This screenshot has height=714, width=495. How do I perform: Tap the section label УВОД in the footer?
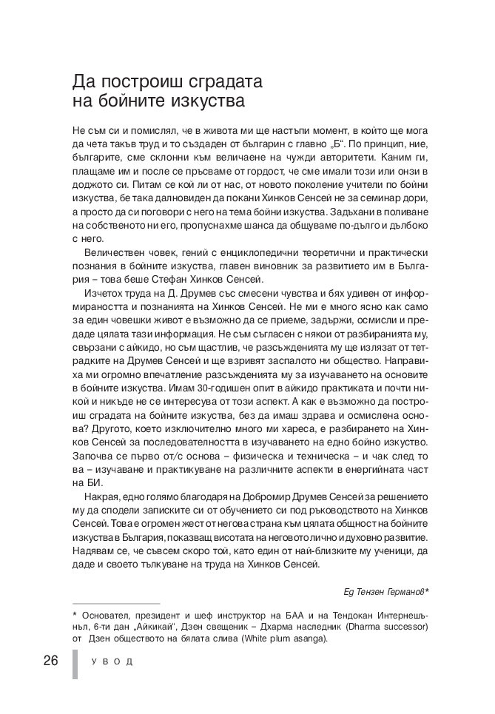112,661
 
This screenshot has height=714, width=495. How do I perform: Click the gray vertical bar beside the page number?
74,664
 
